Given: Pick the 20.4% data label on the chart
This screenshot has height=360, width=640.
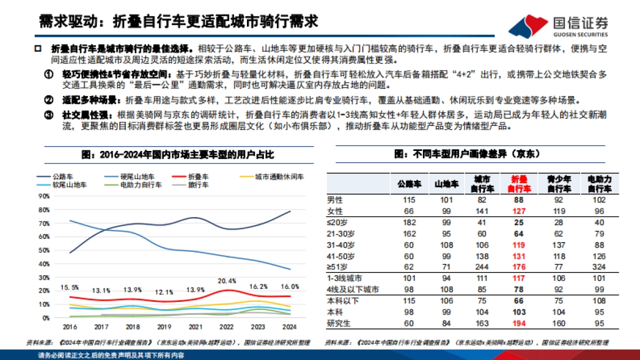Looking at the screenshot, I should pyautogui.click(x=228, y=281).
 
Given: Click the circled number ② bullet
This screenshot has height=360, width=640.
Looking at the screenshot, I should pyautogui.click(x=49, y=100).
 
